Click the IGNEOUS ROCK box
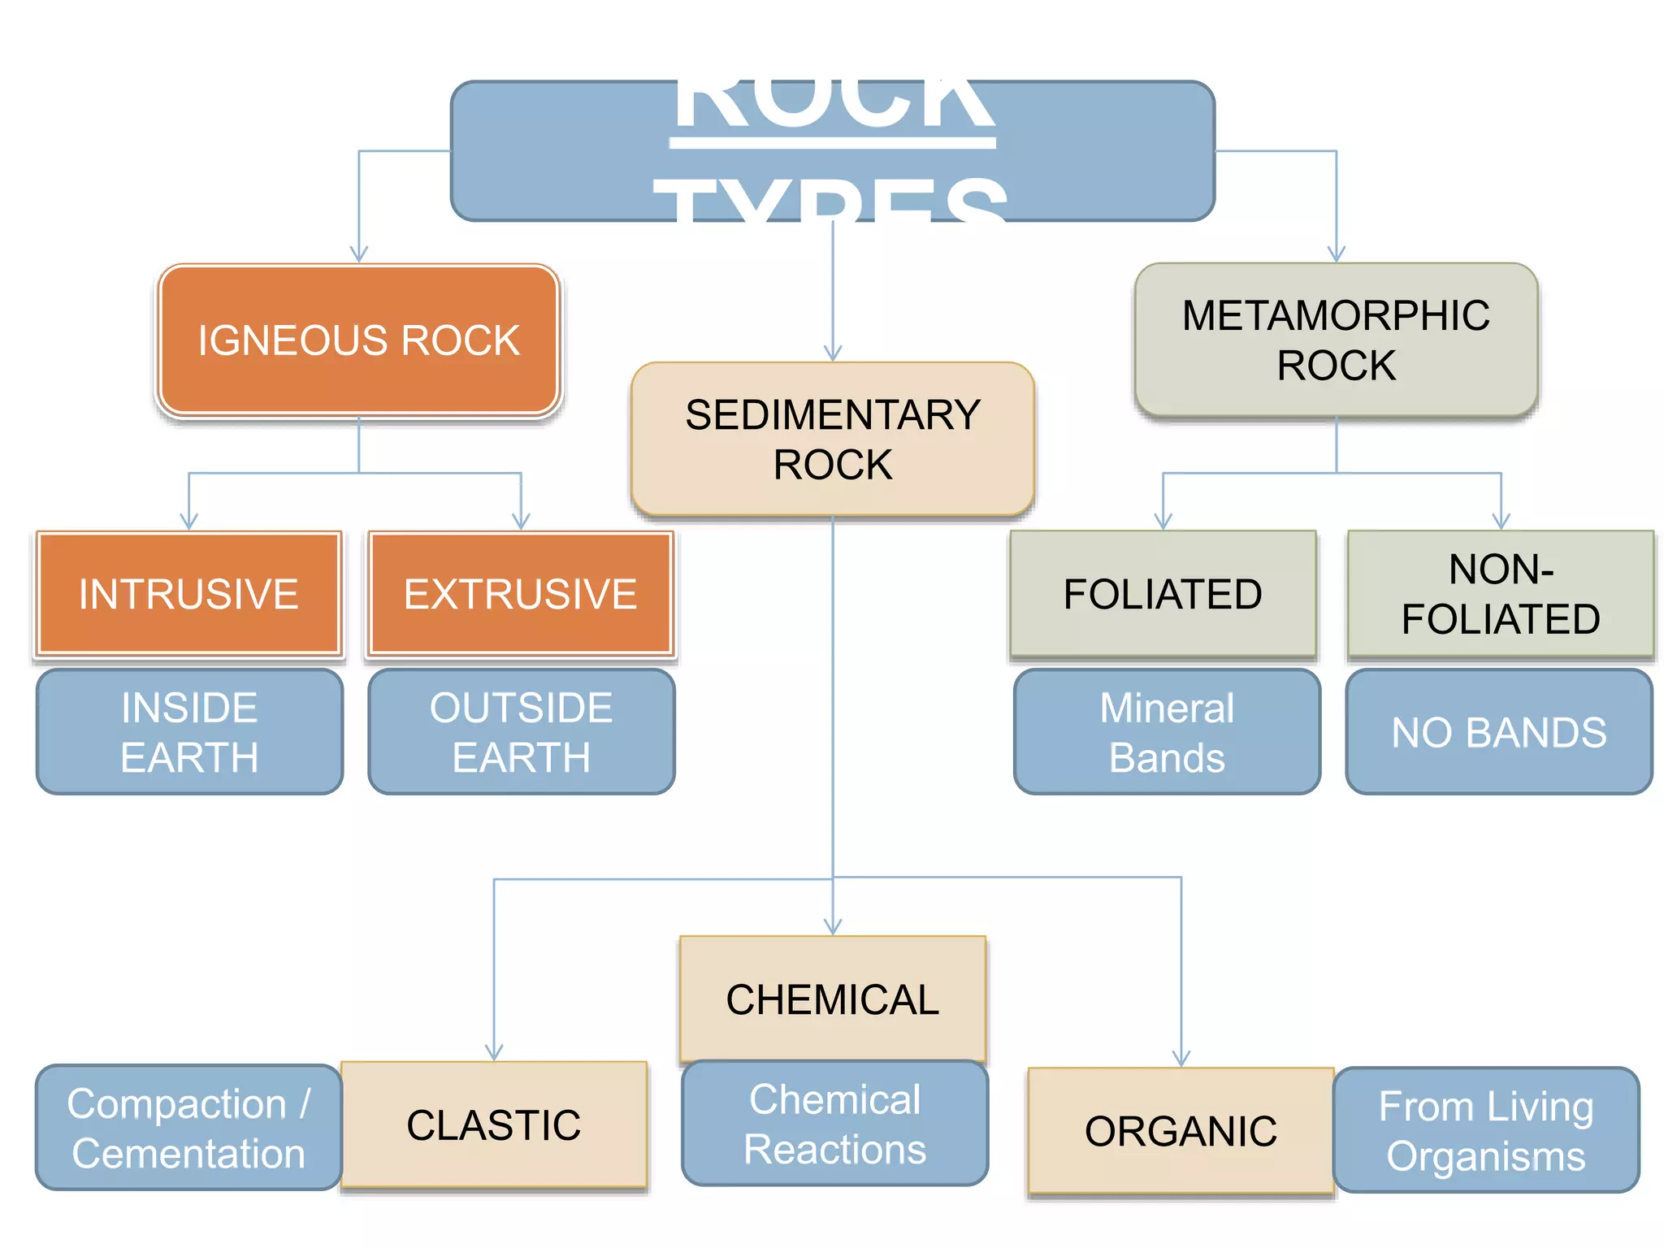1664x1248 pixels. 358,340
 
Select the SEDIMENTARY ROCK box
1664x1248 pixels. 832,439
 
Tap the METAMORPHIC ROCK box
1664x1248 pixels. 1336,340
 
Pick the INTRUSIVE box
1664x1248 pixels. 188,593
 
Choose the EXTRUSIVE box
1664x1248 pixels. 521,593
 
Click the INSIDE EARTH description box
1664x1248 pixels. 189,731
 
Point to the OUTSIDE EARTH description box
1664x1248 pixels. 521,731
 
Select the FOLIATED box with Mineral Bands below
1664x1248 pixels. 1163,593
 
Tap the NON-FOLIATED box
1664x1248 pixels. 1501,593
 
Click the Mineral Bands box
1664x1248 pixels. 1167,731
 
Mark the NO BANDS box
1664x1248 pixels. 1499,731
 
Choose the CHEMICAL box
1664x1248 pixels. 832,998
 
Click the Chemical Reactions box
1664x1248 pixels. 834,1124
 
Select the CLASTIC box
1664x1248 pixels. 494,1124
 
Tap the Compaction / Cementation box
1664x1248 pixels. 188,1128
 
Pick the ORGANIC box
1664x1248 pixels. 1181,1130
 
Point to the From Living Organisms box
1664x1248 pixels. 1486,1130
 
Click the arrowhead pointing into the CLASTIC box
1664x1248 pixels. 494,1053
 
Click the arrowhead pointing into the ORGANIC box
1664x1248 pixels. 1181,1059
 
